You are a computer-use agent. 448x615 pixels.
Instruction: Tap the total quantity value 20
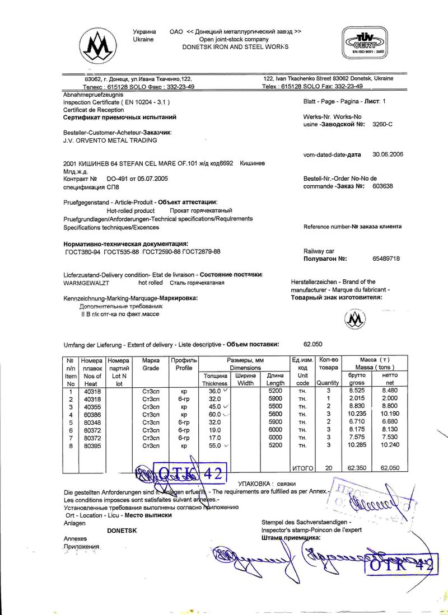pyautogui.click(x=329, y=468)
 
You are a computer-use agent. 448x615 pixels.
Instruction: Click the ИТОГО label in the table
pyautogui.click(x=302, y=468)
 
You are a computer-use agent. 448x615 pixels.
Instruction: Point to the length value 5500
pyautogui.click(x=275, y=406)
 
